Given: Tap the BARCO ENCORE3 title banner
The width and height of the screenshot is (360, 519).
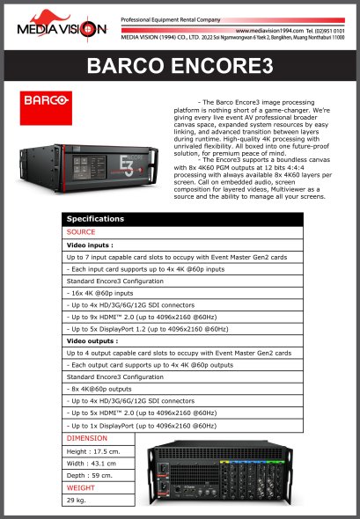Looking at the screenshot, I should point(180,66).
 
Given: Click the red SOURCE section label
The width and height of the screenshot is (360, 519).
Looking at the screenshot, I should point(81,231).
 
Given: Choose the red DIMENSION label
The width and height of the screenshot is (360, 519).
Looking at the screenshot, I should point(87,437).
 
